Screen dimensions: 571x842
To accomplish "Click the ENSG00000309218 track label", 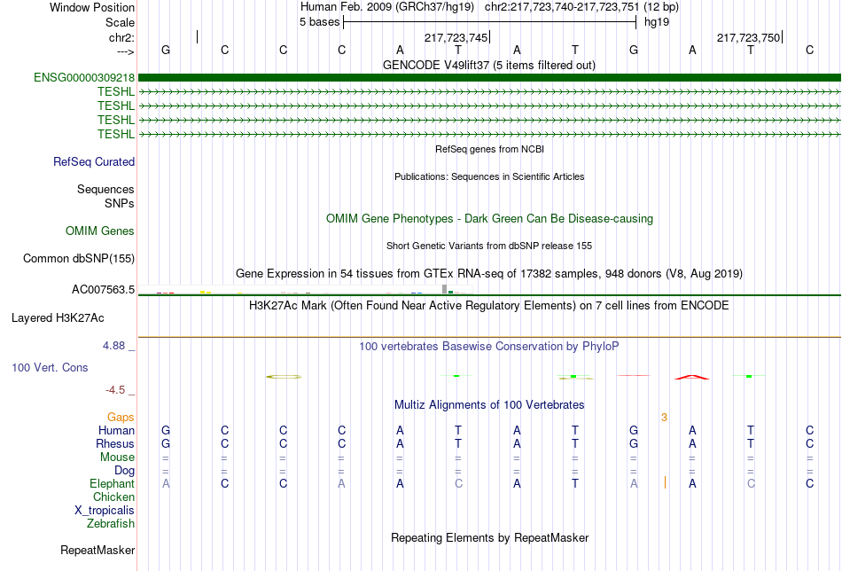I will [84, 78].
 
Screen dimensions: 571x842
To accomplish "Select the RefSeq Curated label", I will [94, 162].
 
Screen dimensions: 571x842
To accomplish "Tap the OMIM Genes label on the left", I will [100, 231].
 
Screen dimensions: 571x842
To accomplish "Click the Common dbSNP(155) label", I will [79, 259].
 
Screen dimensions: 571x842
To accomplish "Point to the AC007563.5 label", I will [103, 290].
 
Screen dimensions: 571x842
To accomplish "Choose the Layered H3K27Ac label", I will [58, 317].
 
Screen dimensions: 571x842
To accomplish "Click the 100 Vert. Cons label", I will [50, 367].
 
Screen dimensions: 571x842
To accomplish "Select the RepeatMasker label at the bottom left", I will [97, 551].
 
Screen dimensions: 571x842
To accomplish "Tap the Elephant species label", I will [112, 484].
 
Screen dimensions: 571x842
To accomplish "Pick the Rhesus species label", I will [115, 444].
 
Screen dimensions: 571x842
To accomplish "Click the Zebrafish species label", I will [111, 524].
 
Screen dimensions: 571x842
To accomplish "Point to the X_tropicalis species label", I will [105, 511].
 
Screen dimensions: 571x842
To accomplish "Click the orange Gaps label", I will [121, 417].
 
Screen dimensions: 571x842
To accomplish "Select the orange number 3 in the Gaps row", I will [664, 417].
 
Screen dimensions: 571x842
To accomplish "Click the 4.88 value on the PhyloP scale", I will [120, 346].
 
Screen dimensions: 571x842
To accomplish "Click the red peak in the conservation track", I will [691, 377].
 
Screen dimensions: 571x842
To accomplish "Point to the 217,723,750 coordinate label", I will [748, 37].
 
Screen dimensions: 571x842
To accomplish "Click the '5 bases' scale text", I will [319, 22].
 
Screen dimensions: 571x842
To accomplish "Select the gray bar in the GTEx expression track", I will [444, 288].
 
